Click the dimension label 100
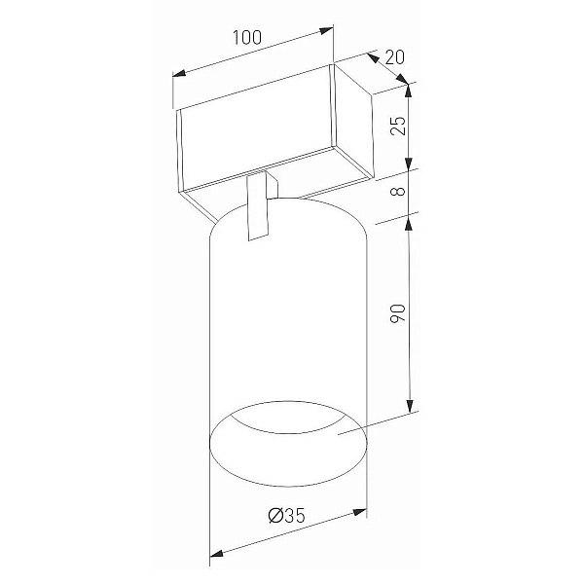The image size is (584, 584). click(x=247, y=37)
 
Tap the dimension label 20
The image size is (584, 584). click(x=395, y=57)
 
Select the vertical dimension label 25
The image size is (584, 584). click(x=397, y=126)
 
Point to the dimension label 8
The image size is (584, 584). click(x=398, y=191)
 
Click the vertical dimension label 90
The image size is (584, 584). click(x=397, y=313)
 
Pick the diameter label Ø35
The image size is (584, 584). click(x=287, y=516)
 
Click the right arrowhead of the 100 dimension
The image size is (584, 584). click(x=327, y=30)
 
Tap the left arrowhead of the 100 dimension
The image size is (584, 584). click(x=179, y=73)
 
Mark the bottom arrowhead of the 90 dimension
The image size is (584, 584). click(x=410, y=406)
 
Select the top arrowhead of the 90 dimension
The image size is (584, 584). click(x=410, y=224)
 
